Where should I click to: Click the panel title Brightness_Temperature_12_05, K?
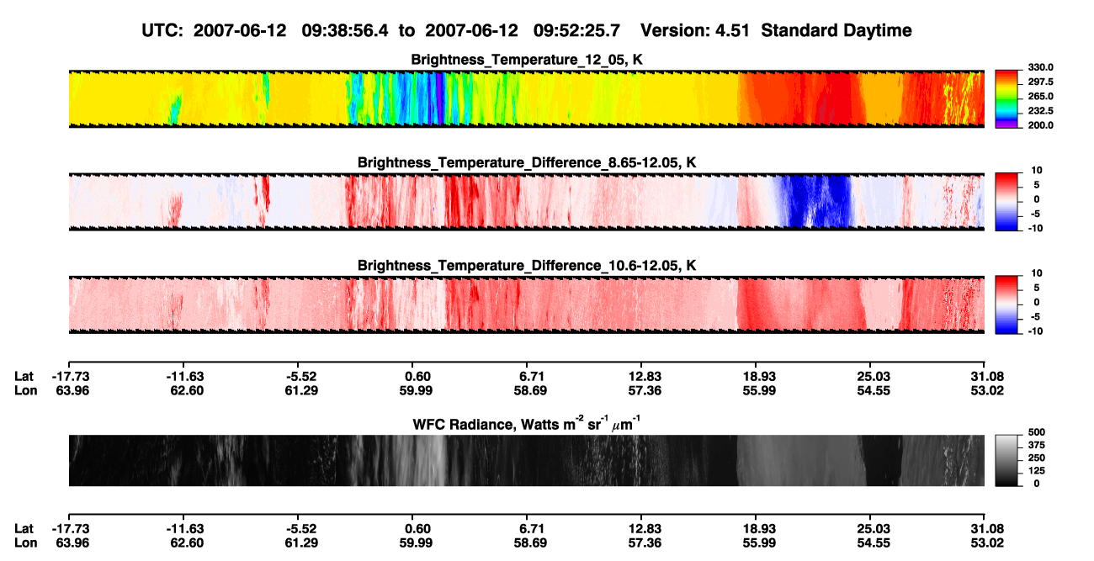click(527, 60)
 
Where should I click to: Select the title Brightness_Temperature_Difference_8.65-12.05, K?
click(527, 162)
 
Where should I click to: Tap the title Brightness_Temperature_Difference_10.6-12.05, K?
click(527, 266)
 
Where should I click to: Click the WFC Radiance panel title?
click(527, 423)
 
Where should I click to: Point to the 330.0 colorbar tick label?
click(1040, 67)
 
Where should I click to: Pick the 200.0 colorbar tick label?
click(1040, 125)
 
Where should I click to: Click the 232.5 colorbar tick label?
click(1040, 111)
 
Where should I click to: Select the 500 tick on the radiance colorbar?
click(1037, 432)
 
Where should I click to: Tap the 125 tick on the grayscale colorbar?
click(1037, 471)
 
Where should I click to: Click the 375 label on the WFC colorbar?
click(1037, 445)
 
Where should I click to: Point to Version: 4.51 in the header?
click(694, 30)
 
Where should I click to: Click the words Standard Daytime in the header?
click(836, 30)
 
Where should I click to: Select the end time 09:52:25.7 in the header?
click(576, 30)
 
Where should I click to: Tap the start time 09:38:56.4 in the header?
click(345, 30)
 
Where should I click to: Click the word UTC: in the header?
click(162, 30)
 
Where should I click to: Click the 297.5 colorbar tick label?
click(1040, 82)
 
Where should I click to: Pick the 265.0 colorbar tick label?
click(1040, 96)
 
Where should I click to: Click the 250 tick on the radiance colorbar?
click(1037, 458)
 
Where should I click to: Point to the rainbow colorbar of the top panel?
click(1006, 99)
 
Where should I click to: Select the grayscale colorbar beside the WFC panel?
click(1006, 460)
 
